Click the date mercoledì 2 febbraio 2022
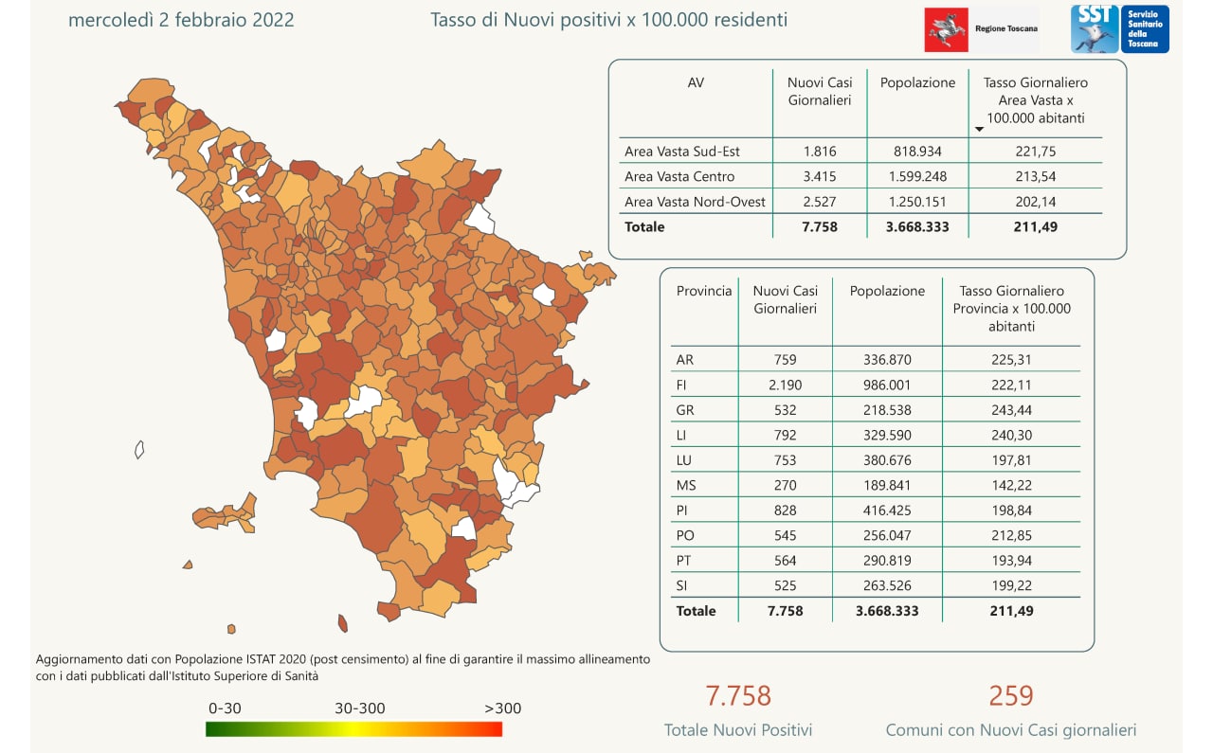click(x=181, y=20)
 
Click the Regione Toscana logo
click(x=982, y=29)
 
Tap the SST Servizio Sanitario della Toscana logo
click(x=1119, y=29)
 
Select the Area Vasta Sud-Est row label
click(x=682, y=152)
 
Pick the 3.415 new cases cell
click(x=819, y=176)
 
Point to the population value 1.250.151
click(x=917, y=202)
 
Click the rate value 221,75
click(x=1035, y=152)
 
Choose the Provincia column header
click(x=704, y=292)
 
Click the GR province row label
click(x=685, y=410)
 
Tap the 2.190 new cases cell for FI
click(x=785, y=385)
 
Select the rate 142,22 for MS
click(x=1010, y=485)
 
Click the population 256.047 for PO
click(x=887, y=535)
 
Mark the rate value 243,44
click(x=1010, y=410)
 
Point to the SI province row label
click(x=683, y=585)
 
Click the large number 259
click(x=1010, y=696)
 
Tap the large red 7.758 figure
click(x=738, y=696)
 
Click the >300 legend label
click(x=502, y=708)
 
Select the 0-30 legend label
click(x=226, y=708)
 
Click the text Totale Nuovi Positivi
click(x=738, y=730)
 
